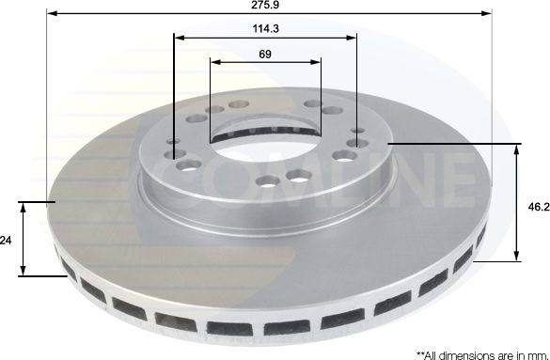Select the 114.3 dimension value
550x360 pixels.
tap(264, 29)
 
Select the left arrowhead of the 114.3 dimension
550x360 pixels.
tap(179, 39)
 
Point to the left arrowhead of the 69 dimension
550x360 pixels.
tap(214, 63)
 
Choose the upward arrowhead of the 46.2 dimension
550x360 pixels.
tap(516, 149)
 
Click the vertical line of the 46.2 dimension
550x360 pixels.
tap(516, 202)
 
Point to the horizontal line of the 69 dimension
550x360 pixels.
tap(265, 63)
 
